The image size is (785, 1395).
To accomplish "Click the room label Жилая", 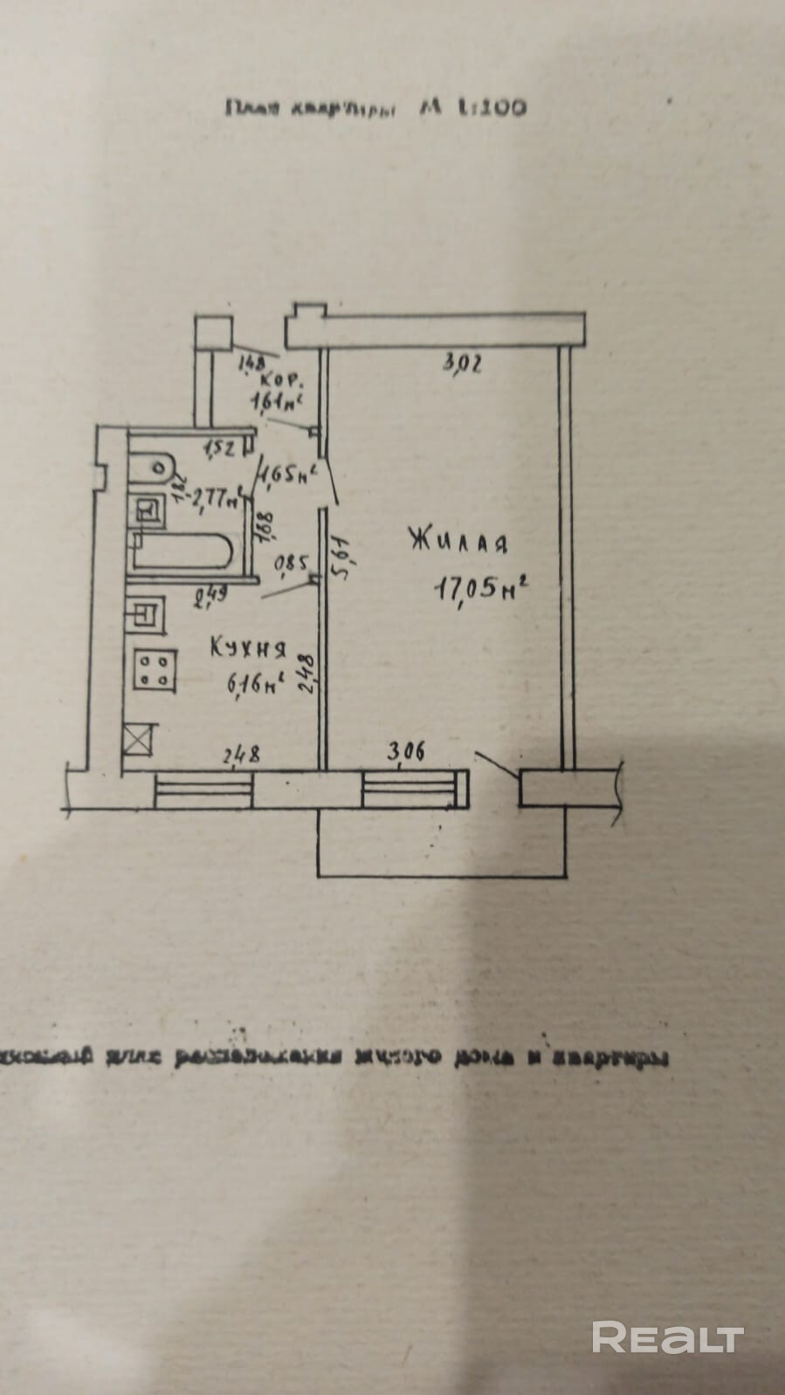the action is click(458, 542).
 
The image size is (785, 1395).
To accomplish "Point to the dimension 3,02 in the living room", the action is click(463, 367).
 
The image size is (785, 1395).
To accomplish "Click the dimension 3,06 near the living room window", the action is click(405, 749).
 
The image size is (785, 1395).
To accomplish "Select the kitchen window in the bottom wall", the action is click(204, 792).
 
